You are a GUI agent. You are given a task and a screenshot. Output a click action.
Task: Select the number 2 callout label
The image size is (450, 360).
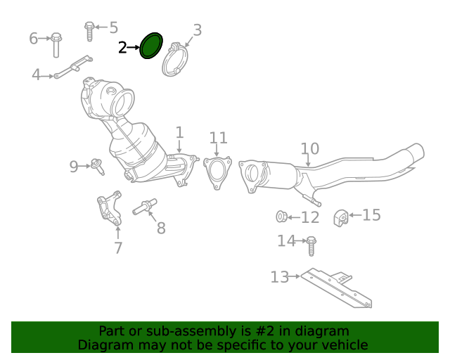pyautogui.click(x=122, y=47)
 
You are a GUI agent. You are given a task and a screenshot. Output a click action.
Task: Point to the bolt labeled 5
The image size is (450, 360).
pyautogui.click(x=89, y=31)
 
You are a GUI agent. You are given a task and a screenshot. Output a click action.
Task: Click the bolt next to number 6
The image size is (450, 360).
pyautogui.click(x=56, y=45)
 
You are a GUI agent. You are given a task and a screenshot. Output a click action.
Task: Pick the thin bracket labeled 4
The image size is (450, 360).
pyautogui.click(x=73, y=68)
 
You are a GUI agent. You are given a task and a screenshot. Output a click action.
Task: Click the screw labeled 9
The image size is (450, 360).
pyautogui.click(x=97, y=167)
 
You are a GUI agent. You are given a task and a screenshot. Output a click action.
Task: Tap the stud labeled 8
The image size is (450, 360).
pyautogui.click(x=145, y=207)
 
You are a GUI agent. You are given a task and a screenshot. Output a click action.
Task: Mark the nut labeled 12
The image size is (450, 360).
pyautogui.click(x=281, y=217)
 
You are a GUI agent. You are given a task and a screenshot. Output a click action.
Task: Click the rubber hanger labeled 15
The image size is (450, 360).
pyautogui.click(x=340, y=219)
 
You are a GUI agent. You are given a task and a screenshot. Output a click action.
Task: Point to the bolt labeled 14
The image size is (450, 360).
pyautogui.click(x=311, y=245)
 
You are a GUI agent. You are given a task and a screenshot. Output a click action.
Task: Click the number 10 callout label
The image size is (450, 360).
pyautogui.click(x=310, y=148)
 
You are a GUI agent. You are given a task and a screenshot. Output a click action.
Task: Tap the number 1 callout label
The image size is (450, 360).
pyautogui.click(x=179, y=133)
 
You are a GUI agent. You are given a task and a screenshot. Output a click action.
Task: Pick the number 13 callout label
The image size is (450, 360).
pyautogui.click(x=280, y=277)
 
